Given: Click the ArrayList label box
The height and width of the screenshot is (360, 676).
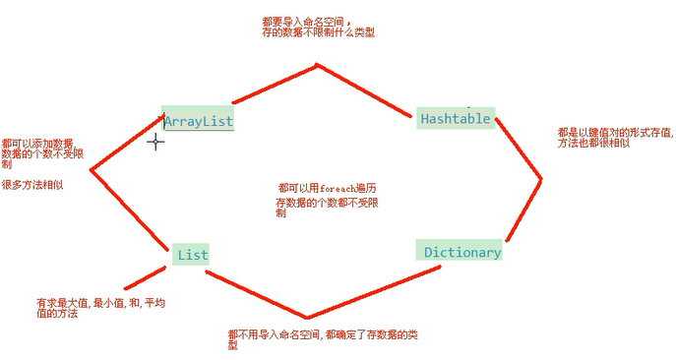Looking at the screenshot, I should (198, 119).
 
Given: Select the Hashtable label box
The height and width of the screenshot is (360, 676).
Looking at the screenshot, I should (455, 118).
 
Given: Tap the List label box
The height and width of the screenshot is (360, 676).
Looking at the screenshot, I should (191, 255).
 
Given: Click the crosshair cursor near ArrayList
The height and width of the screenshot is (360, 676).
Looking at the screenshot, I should (155, 143).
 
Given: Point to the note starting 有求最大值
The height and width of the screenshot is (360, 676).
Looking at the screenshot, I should (99, 308).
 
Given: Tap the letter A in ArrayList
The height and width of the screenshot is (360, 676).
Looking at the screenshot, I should (169, 122).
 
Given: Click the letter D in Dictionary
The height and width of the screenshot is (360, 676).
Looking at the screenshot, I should (429, 253).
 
